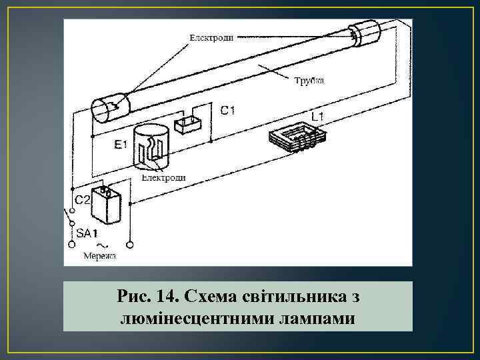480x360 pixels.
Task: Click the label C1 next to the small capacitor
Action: [x=228, y=111]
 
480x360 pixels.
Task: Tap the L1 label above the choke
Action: [x=318, y=117]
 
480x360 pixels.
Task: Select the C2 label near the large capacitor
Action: [x=82, y=199]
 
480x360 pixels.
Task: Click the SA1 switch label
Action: [x=87, y=234]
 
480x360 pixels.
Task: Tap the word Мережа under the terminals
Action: [x=99, y=255]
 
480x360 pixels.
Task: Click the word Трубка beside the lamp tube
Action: [x=309, y=81]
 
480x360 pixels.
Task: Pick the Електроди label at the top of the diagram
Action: [x=211, y=38]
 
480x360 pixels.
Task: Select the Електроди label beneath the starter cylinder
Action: [x=163, y=178]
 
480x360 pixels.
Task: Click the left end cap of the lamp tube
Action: [x=106, y=109]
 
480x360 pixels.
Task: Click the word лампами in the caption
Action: [x=311, y=318]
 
